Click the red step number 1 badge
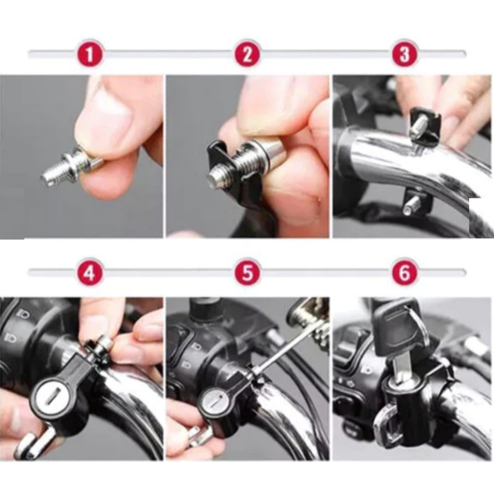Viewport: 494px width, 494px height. pyautogui.click(x=90, y=54)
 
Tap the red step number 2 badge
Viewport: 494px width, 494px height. pyautogui.click(x=248, y=54)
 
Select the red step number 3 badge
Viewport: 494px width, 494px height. pyautogui.click(x=405, y=54)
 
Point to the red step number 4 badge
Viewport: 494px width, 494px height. pyautogui.click(x=90, y=272)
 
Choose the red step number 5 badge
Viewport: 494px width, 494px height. pyautogui.click(x=248, y=272)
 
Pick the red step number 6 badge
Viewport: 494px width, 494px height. pyautogui.click(x=405, y=272)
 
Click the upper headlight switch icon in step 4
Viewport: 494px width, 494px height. pyautogui.click(x=23, y=314)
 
